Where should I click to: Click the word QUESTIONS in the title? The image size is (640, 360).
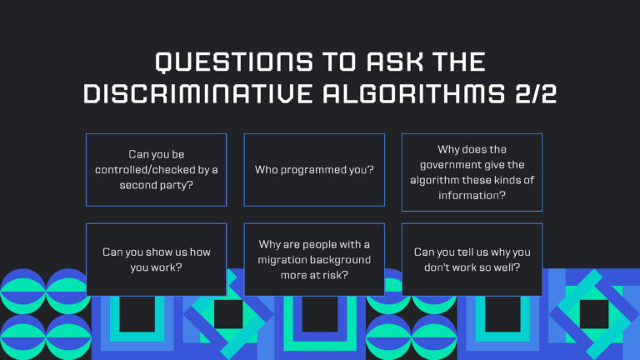tap(234, 62)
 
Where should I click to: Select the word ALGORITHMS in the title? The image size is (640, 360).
tap(414, 94)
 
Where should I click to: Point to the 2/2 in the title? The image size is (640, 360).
tap(536, 94)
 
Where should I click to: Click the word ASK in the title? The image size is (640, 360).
tap(395, 62)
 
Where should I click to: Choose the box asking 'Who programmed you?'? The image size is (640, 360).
tap(314, 170)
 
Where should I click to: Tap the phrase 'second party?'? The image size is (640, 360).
tap(157, 185)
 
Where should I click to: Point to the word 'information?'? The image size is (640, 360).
tap(472, 196)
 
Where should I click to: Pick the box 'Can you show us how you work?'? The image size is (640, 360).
tap(157, 260)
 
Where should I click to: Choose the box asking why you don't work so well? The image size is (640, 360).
tap(472, 260)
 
